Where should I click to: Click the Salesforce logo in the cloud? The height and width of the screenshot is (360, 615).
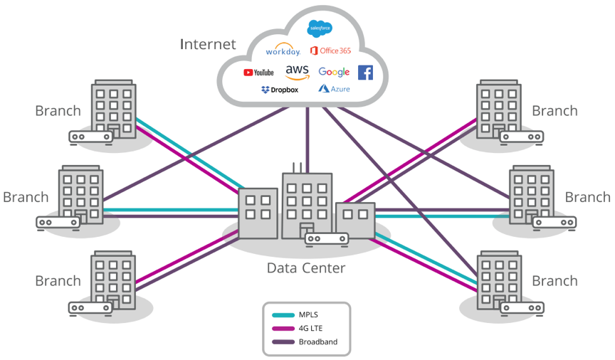(320, 28)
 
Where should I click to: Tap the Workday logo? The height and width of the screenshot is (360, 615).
(283, 51)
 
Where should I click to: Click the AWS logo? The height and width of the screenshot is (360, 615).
(297, 71)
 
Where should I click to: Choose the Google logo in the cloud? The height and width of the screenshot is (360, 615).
(334, 72)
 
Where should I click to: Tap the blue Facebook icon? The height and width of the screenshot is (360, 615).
(365, 72)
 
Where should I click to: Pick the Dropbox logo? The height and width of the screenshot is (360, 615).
(280, 90)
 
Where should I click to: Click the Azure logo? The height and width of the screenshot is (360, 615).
(335, 90)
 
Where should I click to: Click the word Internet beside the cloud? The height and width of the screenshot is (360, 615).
(207, 44)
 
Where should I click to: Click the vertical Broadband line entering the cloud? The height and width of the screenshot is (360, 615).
(307, 135)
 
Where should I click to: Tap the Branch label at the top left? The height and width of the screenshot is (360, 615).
(58, 110)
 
